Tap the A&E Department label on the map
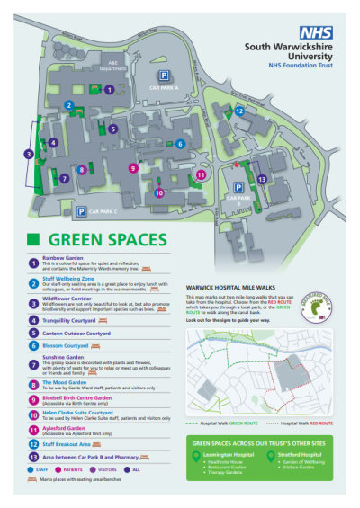[x=112, y=66]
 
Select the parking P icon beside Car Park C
[x=81, y=211]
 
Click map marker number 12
[x=239, y=111]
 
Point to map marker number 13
[x=262, y=179]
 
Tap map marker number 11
[x=201, y=174]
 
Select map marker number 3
[x=29, y=154]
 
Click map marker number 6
[x=180, y=143]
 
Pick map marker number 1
[x=109, y=89]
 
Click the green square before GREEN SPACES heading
[x=33, y=240]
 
